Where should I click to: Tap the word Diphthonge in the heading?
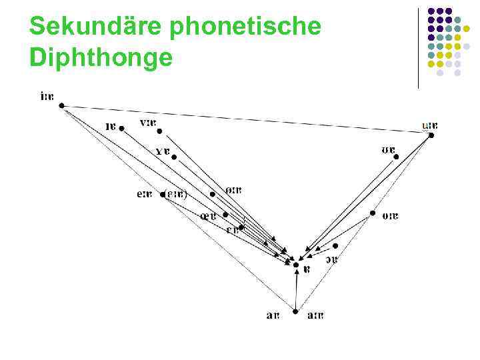[101, 59]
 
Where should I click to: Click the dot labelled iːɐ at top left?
[61, 105]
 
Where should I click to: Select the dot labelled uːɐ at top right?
[431, 135]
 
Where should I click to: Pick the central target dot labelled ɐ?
[296, 265]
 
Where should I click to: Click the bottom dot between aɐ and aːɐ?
[295, 311]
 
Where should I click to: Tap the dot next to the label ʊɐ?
[396, 157]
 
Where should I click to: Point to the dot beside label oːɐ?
[373, 214]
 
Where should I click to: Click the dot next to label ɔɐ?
[335, 245]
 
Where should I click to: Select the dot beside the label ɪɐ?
[121, 128]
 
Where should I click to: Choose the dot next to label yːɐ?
[159, 131]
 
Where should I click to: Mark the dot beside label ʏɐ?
[174, 157]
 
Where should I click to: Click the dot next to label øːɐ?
[213, 194]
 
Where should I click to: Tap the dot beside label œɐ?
[225, 215]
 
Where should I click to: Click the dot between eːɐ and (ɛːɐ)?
[162, 195]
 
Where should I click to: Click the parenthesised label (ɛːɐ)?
[177, 195]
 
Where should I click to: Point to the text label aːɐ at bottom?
[315, 315]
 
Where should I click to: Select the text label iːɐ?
[47, 97]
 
